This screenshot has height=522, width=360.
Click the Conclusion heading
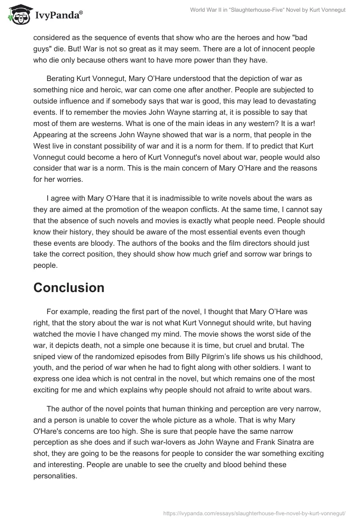[x=69, y=288]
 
